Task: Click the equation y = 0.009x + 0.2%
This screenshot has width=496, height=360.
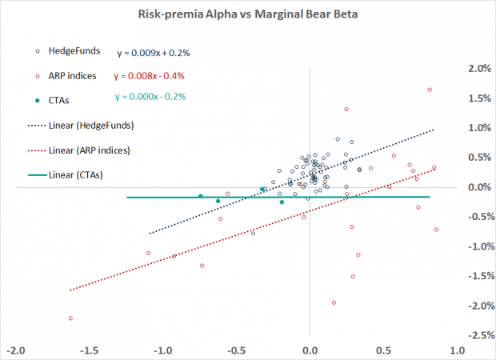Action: pyautogui.click(x=153, y=53)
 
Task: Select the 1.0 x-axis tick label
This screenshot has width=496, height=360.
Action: pyautogui.click(x=457, y=350)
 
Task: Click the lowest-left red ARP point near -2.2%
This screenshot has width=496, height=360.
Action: pyautogui.click(x=70, y=318)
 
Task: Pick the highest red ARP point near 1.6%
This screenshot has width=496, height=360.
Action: pyautogui.click(x=430, y=90)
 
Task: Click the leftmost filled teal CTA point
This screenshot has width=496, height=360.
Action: pyautogui.click(x=201, y=196)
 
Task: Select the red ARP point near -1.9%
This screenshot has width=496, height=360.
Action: pyautogui.click(x=334, y=303)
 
